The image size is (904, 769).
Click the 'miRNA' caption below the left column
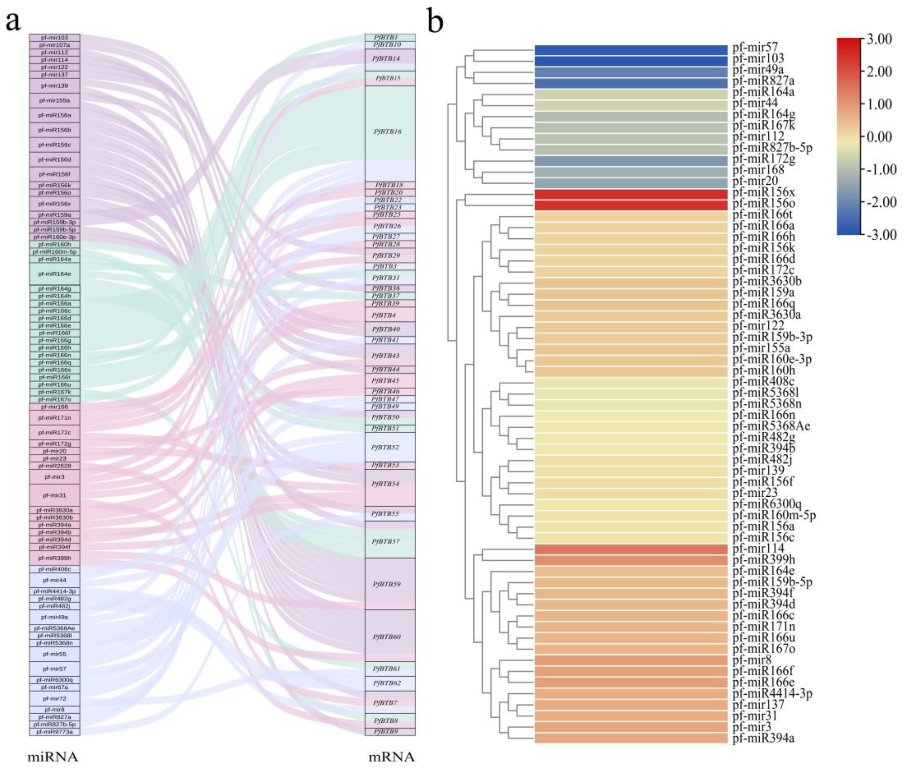[53, 756]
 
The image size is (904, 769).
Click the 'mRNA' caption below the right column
[391, 756]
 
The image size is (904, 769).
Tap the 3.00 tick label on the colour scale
[879, 39]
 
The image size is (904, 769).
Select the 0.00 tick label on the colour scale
[879, 137]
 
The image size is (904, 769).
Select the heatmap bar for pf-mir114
[631, 549]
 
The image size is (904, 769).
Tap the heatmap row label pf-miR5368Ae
[771, 426]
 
